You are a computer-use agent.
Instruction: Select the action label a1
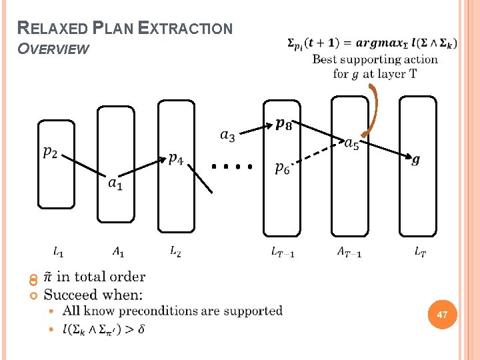tap(115, 181)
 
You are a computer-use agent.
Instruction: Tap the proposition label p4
tap(176, 159)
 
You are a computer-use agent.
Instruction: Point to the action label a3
tap(227, 136)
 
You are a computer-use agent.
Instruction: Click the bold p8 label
tap(283, 125)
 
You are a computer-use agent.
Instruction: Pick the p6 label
tap(283, 169)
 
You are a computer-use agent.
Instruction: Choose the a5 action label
tap(351, 143)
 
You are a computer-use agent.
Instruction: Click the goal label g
tap(416, 160)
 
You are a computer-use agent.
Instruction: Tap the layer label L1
tap(59, 252)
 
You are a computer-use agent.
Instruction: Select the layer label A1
tap(117, 252)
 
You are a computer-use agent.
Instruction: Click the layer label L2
tap(175, 251)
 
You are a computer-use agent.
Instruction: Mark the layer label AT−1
tap(349, 252)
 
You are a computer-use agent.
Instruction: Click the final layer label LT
tap(420, 252)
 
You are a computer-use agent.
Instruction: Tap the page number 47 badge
tap(441, 314)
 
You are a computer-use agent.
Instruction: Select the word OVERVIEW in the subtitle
tap(53, 49)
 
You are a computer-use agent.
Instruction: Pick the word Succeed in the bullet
tap(69, 294)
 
